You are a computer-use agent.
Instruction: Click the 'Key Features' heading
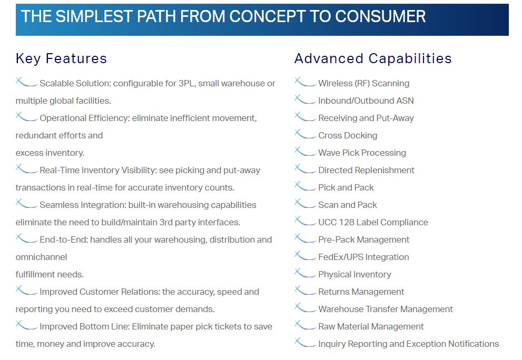pos(61,58)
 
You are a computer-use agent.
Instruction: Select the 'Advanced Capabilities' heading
pos(373,58)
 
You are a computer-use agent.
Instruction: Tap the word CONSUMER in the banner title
pos(380,16)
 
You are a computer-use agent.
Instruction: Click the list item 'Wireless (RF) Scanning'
pos(363,83)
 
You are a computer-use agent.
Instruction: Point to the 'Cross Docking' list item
pos(348,135)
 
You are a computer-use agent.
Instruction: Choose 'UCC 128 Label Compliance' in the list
pos(373,222)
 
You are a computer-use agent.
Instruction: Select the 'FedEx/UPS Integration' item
pos(363,257)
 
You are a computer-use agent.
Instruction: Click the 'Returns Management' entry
pos(361,292)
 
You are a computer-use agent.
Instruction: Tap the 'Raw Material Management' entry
pos(371,326)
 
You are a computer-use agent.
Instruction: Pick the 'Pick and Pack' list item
pos(346,188)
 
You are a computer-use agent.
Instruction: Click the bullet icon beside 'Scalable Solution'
pos(26,82)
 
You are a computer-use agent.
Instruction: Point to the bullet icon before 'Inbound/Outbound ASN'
pos(305,99)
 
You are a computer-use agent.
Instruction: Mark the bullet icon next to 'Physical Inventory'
pos(305,273)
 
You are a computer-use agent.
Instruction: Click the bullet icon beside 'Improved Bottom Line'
pos(26,325)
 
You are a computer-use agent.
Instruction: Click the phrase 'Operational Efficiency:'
pos(85,118)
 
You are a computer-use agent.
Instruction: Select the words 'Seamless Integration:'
pos(83,205)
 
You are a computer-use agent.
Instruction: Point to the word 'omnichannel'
pos(41,257)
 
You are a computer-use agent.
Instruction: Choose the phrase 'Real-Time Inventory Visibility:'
pos(98,171)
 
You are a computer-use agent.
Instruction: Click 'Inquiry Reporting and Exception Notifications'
pos(408,344)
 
